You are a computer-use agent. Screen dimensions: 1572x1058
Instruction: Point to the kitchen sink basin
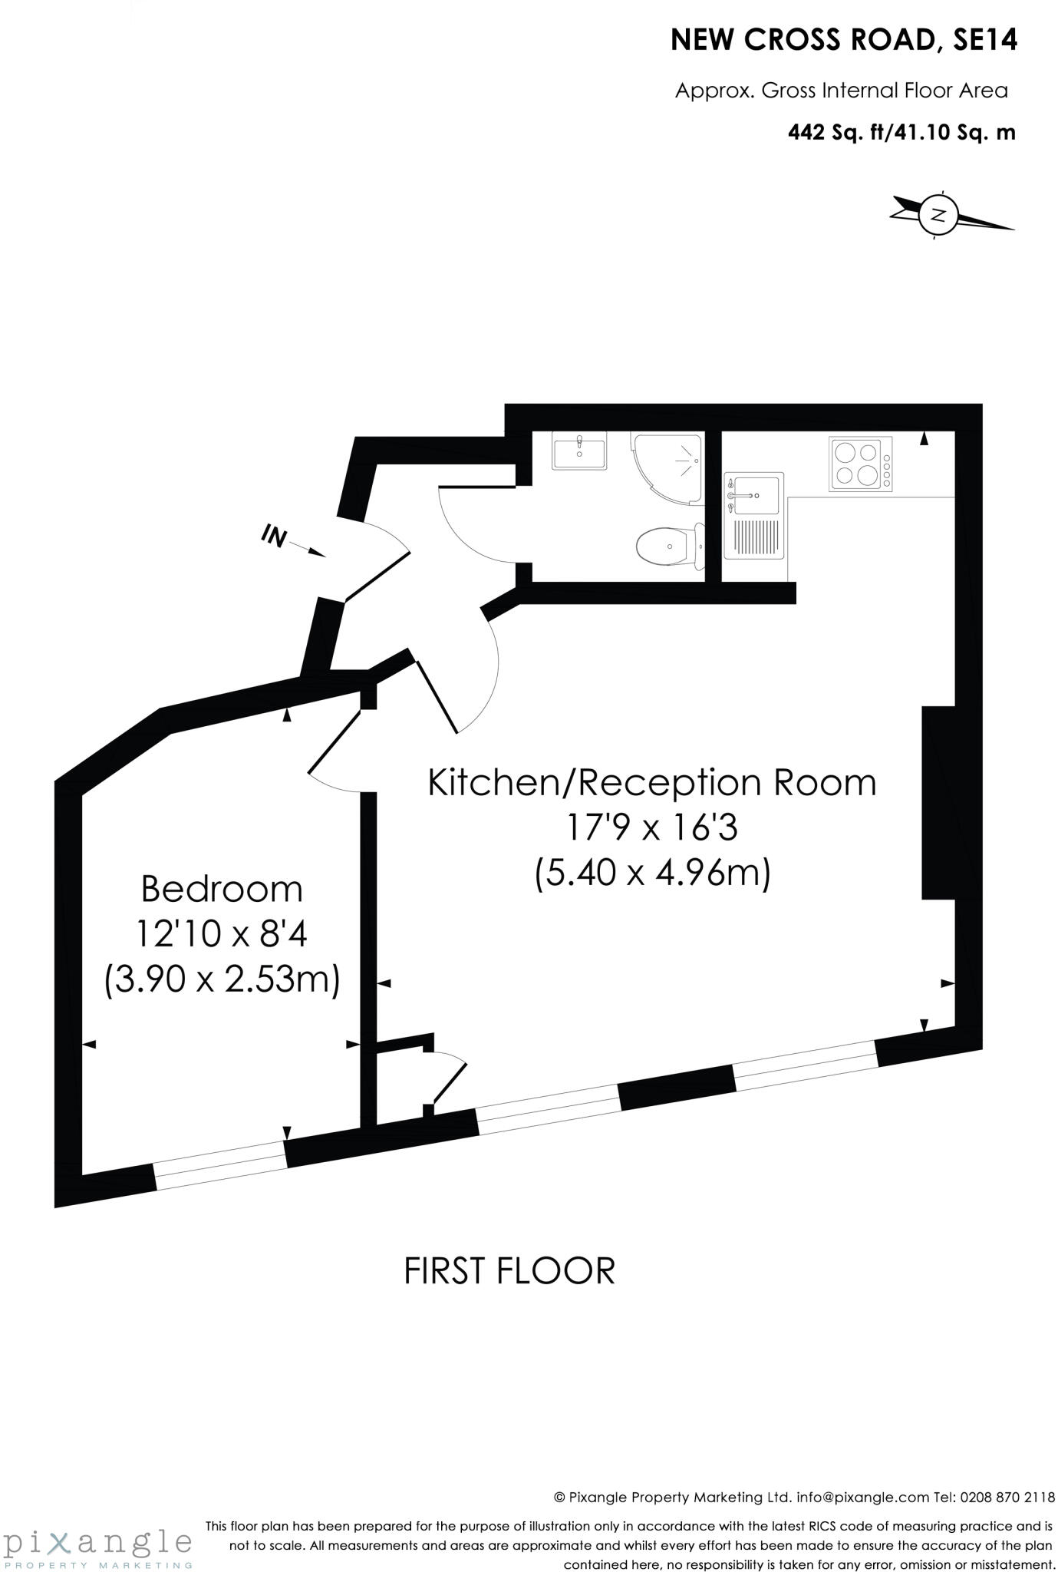pyautogui.click(x=753, y=495)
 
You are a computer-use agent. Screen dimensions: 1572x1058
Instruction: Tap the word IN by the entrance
pyautogui.click(x=274, y=536)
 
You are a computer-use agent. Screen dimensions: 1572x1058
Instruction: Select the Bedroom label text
pyautogui.click(x=222, y=889)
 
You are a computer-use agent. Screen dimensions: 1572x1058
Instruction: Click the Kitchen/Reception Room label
pyautogui.click(x=651, y=783)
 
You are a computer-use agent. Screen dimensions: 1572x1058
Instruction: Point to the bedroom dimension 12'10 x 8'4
pyautogui.click(x=222, y=934)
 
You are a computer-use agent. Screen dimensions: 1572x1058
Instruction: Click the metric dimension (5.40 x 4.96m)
pyautogui.click(x=652, y=873)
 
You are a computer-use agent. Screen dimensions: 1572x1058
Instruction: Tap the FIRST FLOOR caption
pyautogui.click(x=509, y=1270)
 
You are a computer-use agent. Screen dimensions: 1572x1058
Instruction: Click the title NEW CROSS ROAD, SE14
pyautogui.click(x=843, y=40)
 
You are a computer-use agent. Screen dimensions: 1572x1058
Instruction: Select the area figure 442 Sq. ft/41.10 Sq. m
pyautogui.click(x=901, y=133)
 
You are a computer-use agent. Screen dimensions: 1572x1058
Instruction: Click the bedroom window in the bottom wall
pyautogui.click(x=221, y=1165)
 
